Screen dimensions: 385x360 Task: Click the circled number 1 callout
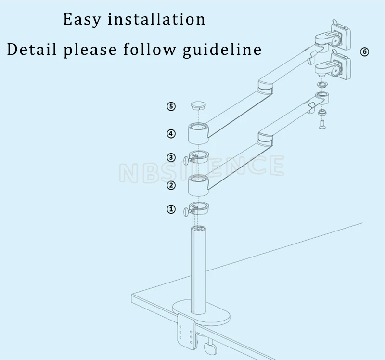click(171, 209)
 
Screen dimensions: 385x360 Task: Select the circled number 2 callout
click(171, 185)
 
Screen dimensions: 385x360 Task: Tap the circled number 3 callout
click(171, 157)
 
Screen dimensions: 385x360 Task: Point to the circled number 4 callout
click(171, 133)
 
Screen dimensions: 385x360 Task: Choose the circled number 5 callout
click(171, 106)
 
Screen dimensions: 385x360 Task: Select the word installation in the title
click(156, 20)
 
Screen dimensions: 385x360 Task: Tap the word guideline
click(222, 49)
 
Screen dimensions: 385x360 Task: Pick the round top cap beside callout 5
click(198, 105)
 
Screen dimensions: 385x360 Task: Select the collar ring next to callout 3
click(199, 156)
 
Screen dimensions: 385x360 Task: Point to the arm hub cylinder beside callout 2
click(198, 184)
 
